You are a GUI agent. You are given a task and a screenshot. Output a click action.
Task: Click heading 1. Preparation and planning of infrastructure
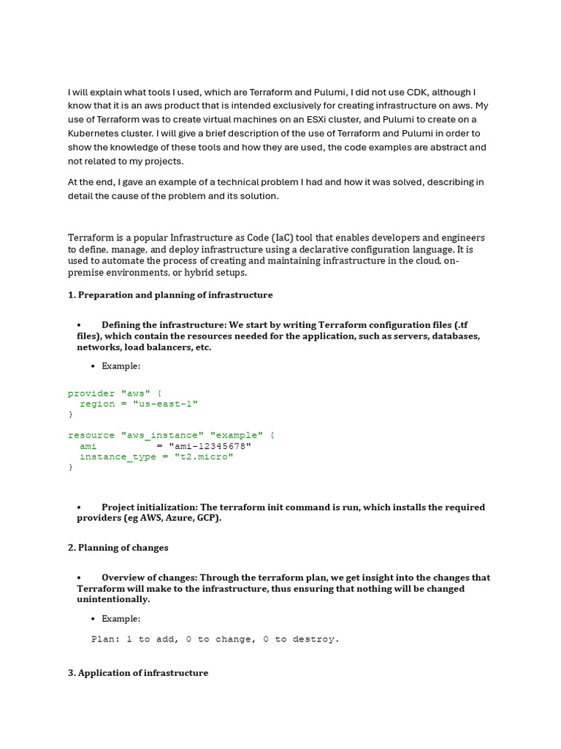[x=170, y=295]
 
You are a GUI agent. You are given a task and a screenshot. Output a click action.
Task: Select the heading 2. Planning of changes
[x=118, y=547]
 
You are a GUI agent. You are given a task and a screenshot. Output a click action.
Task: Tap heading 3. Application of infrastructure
[x=138, y=672]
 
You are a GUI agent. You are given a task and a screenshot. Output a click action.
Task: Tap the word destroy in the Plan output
[x=316, y=639]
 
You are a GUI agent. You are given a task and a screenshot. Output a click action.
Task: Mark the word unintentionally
[x=112, y=599]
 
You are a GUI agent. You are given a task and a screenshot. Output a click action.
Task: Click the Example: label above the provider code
[x=121, y=366]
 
